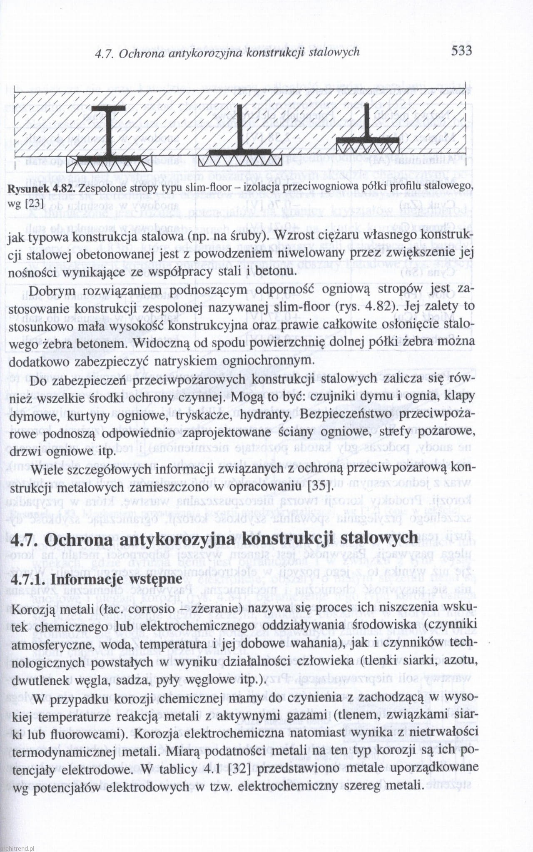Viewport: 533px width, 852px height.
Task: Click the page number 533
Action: (461, 51)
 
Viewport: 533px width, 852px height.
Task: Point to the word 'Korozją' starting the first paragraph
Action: (30, 608)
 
